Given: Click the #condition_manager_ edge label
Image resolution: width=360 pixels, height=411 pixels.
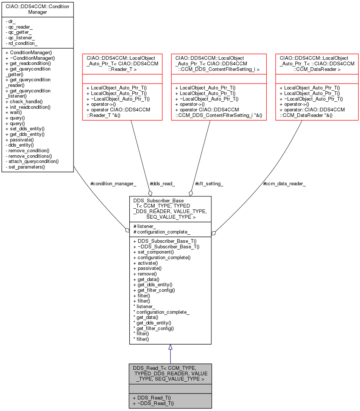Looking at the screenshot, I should [x=113, y=183].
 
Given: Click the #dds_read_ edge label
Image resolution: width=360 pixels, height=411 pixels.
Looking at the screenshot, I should [x=162, y=183].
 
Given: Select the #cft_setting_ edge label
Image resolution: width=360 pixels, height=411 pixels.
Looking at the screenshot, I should [x=209, y=183].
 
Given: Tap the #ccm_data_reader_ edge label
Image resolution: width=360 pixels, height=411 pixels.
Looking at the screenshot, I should [x=284, y=183].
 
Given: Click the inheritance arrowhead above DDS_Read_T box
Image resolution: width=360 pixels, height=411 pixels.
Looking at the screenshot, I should [x=170, y=347].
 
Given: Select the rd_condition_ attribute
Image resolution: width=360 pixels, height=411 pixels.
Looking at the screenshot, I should [x=20, y=43].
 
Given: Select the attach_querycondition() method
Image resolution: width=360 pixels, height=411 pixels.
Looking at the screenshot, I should [x=32, y=162].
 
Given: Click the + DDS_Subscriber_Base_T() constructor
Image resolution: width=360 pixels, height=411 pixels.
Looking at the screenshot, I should [x=165, y=241].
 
